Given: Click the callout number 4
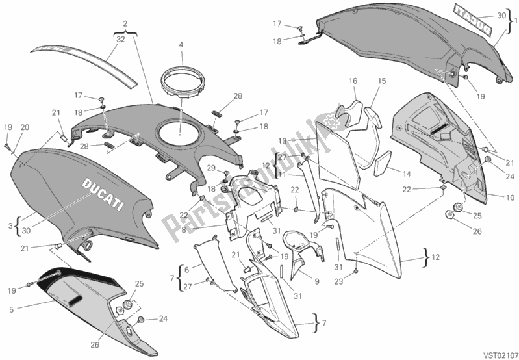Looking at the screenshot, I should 181,45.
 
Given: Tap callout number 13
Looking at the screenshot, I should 283,140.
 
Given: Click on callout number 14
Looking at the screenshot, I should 406,174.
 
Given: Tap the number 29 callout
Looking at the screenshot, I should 211,168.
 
